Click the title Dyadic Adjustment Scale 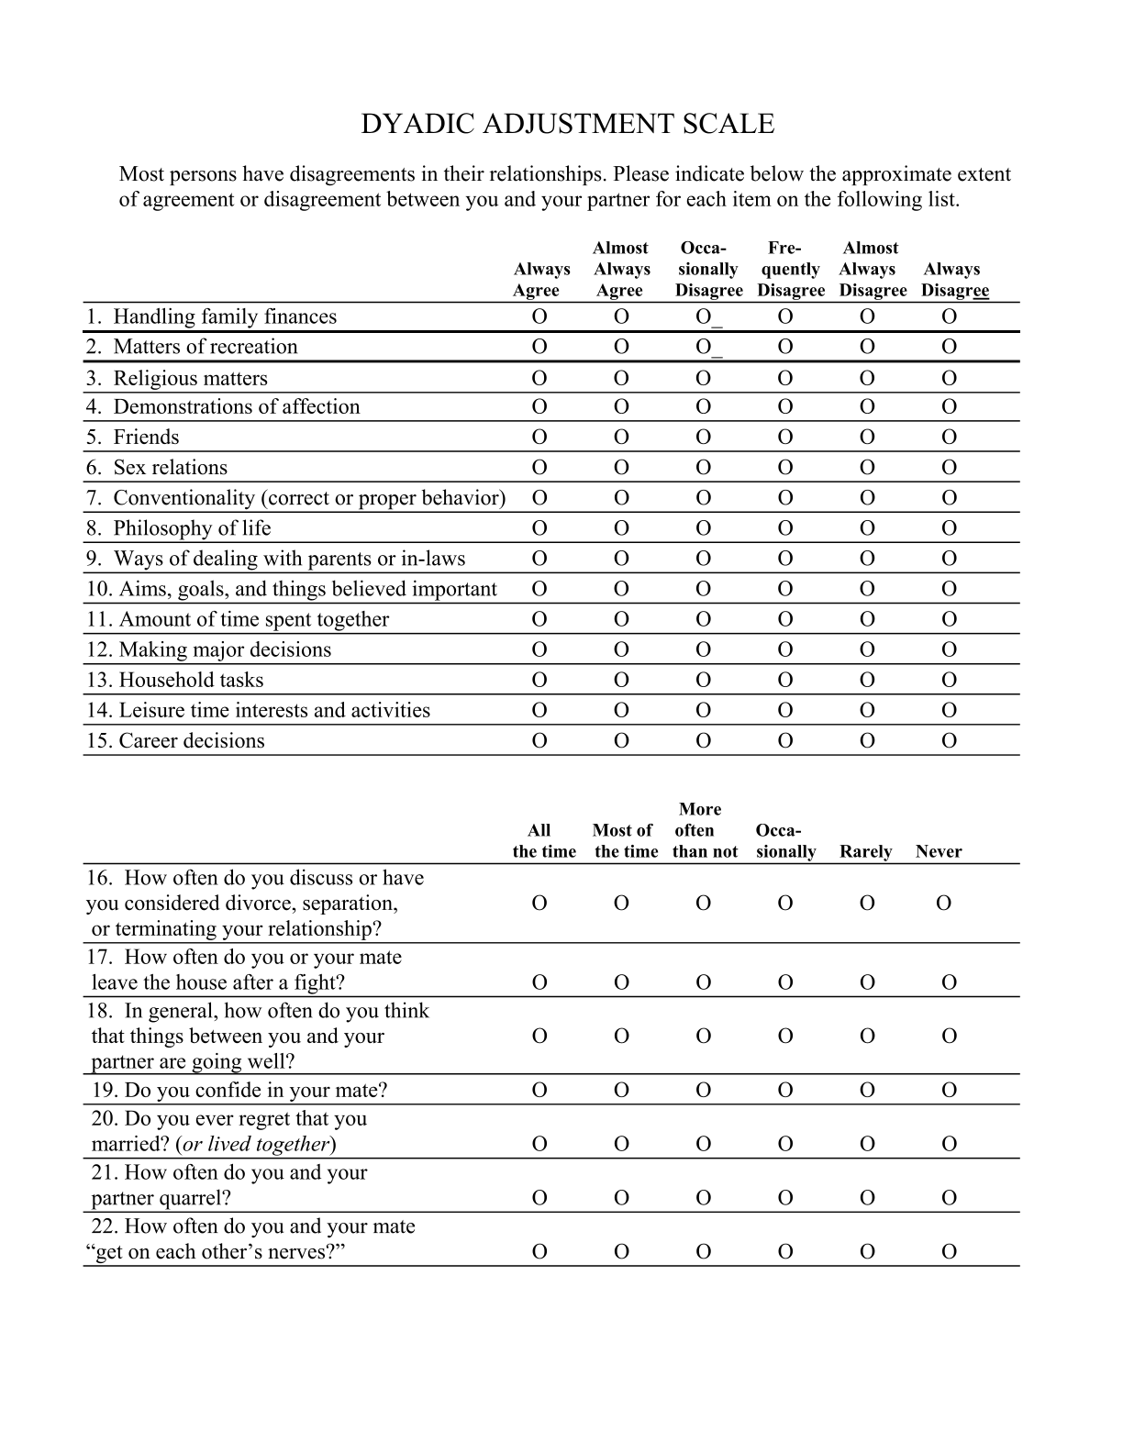(567, 124)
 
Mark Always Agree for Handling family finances (539, 317)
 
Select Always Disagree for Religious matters (950, 379)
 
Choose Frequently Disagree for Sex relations (785, 468)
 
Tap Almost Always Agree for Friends (621, 438)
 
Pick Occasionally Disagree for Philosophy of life (703, 528)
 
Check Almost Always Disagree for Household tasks (867, 681)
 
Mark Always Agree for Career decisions (539, 741)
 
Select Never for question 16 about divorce (943, 904)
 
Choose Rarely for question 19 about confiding (867, 1091)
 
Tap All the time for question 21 (539, 1198)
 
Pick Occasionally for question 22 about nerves (785, 1252)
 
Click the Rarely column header (865, 852)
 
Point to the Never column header (938, 852)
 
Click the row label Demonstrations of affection (236, 407)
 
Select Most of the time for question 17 (621, 983)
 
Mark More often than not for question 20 (703, 1145)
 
